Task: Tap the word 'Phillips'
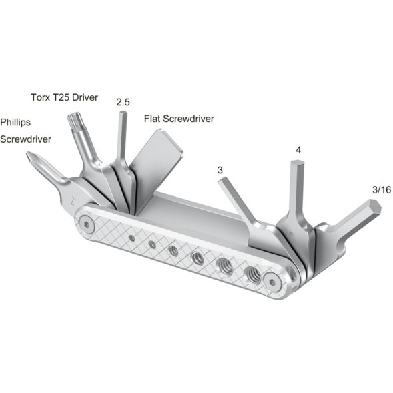click(15, 123)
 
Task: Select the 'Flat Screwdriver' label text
click(179, 120)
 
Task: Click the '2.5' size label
click(123, 102)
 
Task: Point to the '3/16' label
click(381, 190)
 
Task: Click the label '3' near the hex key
click(220, 171)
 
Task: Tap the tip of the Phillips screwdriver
click(29, 157)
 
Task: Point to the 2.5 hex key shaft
click(122, 137)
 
